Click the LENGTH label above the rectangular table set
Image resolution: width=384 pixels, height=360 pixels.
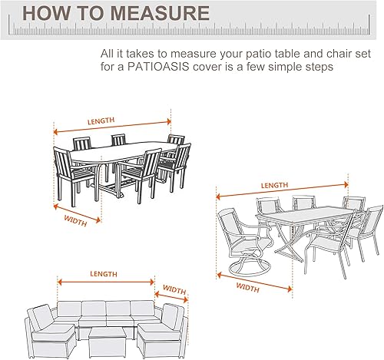tap(273, 185)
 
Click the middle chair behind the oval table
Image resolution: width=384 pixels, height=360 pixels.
tap(118, 140)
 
